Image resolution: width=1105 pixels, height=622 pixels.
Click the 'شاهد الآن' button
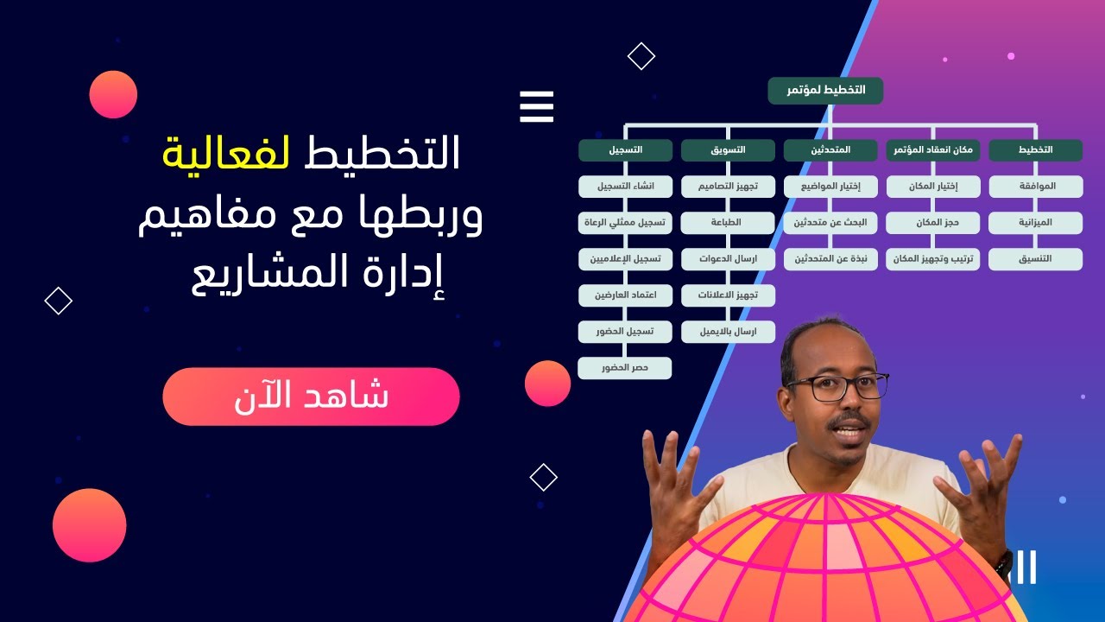(311, 397)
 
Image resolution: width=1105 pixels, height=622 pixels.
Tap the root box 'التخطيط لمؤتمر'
(825, 91)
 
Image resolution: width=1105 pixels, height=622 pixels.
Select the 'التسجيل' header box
(625, 150)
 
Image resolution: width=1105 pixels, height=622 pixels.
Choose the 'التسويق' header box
(728, 150)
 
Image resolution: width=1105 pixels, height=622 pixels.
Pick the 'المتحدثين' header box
(830, 150)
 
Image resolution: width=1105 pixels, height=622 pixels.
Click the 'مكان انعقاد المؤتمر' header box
(933, 150)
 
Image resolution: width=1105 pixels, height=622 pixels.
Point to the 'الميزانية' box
(1035, 223)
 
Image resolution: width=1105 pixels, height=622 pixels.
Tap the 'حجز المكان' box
(933, 223)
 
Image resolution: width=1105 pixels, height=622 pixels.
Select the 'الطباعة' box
(728, 223)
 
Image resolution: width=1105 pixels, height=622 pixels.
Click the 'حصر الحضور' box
(625, 368)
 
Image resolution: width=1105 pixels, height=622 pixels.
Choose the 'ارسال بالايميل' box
(728, 332)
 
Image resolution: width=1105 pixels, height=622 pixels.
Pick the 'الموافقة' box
(1035, 187)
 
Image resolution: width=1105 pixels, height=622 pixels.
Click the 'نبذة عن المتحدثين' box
(830, 259)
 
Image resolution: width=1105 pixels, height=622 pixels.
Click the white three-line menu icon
(536, 107)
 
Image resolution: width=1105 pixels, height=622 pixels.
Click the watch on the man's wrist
(1003, 566)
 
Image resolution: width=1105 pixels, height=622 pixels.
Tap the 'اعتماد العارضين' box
(625, 295)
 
